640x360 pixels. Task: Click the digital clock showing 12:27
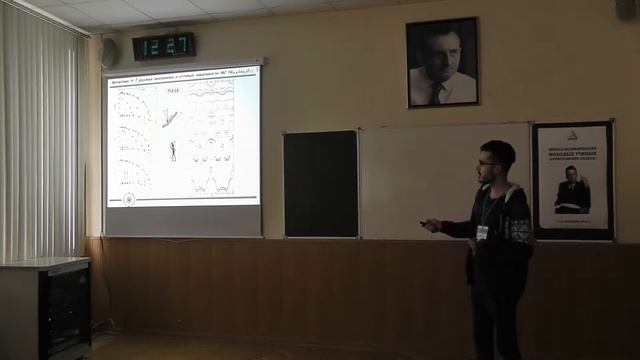click(163, 46)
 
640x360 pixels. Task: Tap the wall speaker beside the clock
click(109, 53)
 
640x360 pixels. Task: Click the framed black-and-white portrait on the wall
click(442, 62)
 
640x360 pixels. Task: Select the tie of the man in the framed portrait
click(437, 93)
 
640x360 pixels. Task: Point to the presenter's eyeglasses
click(488, 162)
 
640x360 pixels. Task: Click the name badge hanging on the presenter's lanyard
click(482, 232)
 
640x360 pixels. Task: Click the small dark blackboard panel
click(320, 184)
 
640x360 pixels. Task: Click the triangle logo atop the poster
click(572, 134)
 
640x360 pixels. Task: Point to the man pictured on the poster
click(572, 188)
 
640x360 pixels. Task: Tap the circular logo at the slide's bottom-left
click(128, 199)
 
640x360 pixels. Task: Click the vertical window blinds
click(40, 140)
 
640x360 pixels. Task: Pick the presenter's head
click(496, 160)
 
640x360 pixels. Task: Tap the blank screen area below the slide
click(183, 221)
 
